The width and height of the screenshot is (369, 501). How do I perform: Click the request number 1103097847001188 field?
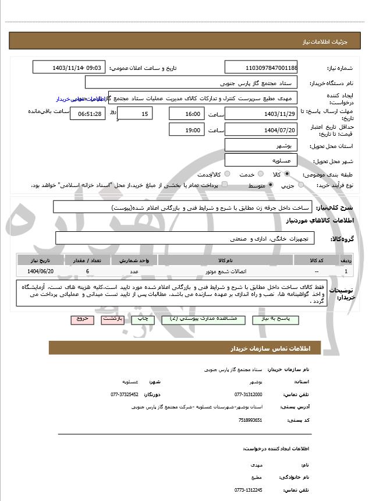(260, 68)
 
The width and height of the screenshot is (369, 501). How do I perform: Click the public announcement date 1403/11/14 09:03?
(69, 68)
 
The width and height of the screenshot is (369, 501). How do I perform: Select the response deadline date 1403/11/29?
(260, 114)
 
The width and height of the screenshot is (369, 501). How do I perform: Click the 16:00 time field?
(186, 114)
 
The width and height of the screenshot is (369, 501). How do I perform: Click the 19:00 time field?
(186, 130)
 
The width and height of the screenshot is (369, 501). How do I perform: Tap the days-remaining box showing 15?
(135, 114)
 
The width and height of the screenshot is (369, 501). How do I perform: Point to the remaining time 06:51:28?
(88, 114)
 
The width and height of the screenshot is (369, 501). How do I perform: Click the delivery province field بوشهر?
(260, 145)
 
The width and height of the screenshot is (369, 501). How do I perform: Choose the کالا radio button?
(287, 174)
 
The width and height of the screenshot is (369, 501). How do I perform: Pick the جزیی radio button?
(301, 185)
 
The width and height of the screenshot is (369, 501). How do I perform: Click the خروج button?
(81, 319)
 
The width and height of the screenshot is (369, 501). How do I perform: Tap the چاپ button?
(142, 319)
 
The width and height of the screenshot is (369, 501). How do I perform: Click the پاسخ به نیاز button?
(279, 319)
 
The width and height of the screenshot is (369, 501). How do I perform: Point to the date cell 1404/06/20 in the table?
(40, 271)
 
